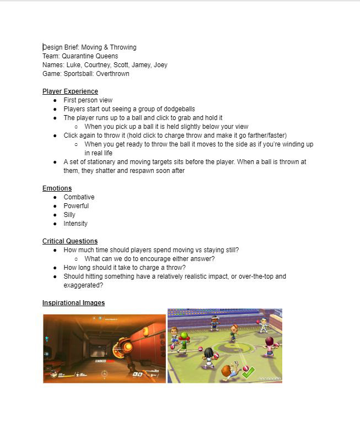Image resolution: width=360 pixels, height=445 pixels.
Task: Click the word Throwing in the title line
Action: pos(122,47)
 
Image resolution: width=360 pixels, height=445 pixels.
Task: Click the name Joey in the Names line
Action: pos(160,65)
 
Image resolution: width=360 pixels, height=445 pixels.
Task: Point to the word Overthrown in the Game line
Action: pos(112,74)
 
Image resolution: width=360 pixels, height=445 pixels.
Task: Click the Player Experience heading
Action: pos(70,91)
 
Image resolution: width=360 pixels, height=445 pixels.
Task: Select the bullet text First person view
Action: pos(88,100)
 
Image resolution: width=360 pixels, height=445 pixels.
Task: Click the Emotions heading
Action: pos(57,188)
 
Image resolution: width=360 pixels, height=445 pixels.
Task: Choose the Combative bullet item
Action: pos(79,197)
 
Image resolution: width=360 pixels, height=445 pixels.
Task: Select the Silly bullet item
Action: pos(69,215)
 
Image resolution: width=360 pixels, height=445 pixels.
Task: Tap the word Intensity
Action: pos(76,224)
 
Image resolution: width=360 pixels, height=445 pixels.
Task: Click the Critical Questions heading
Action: pos(70,241)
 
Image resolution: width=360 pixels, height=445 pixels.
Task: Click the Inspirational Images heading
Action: pos(73,303)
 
